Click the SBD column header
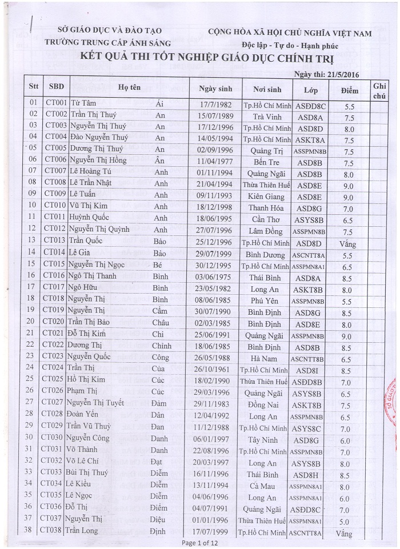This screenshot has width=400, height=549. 57,87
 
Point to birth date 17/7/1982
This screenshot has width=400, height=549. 214,106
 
